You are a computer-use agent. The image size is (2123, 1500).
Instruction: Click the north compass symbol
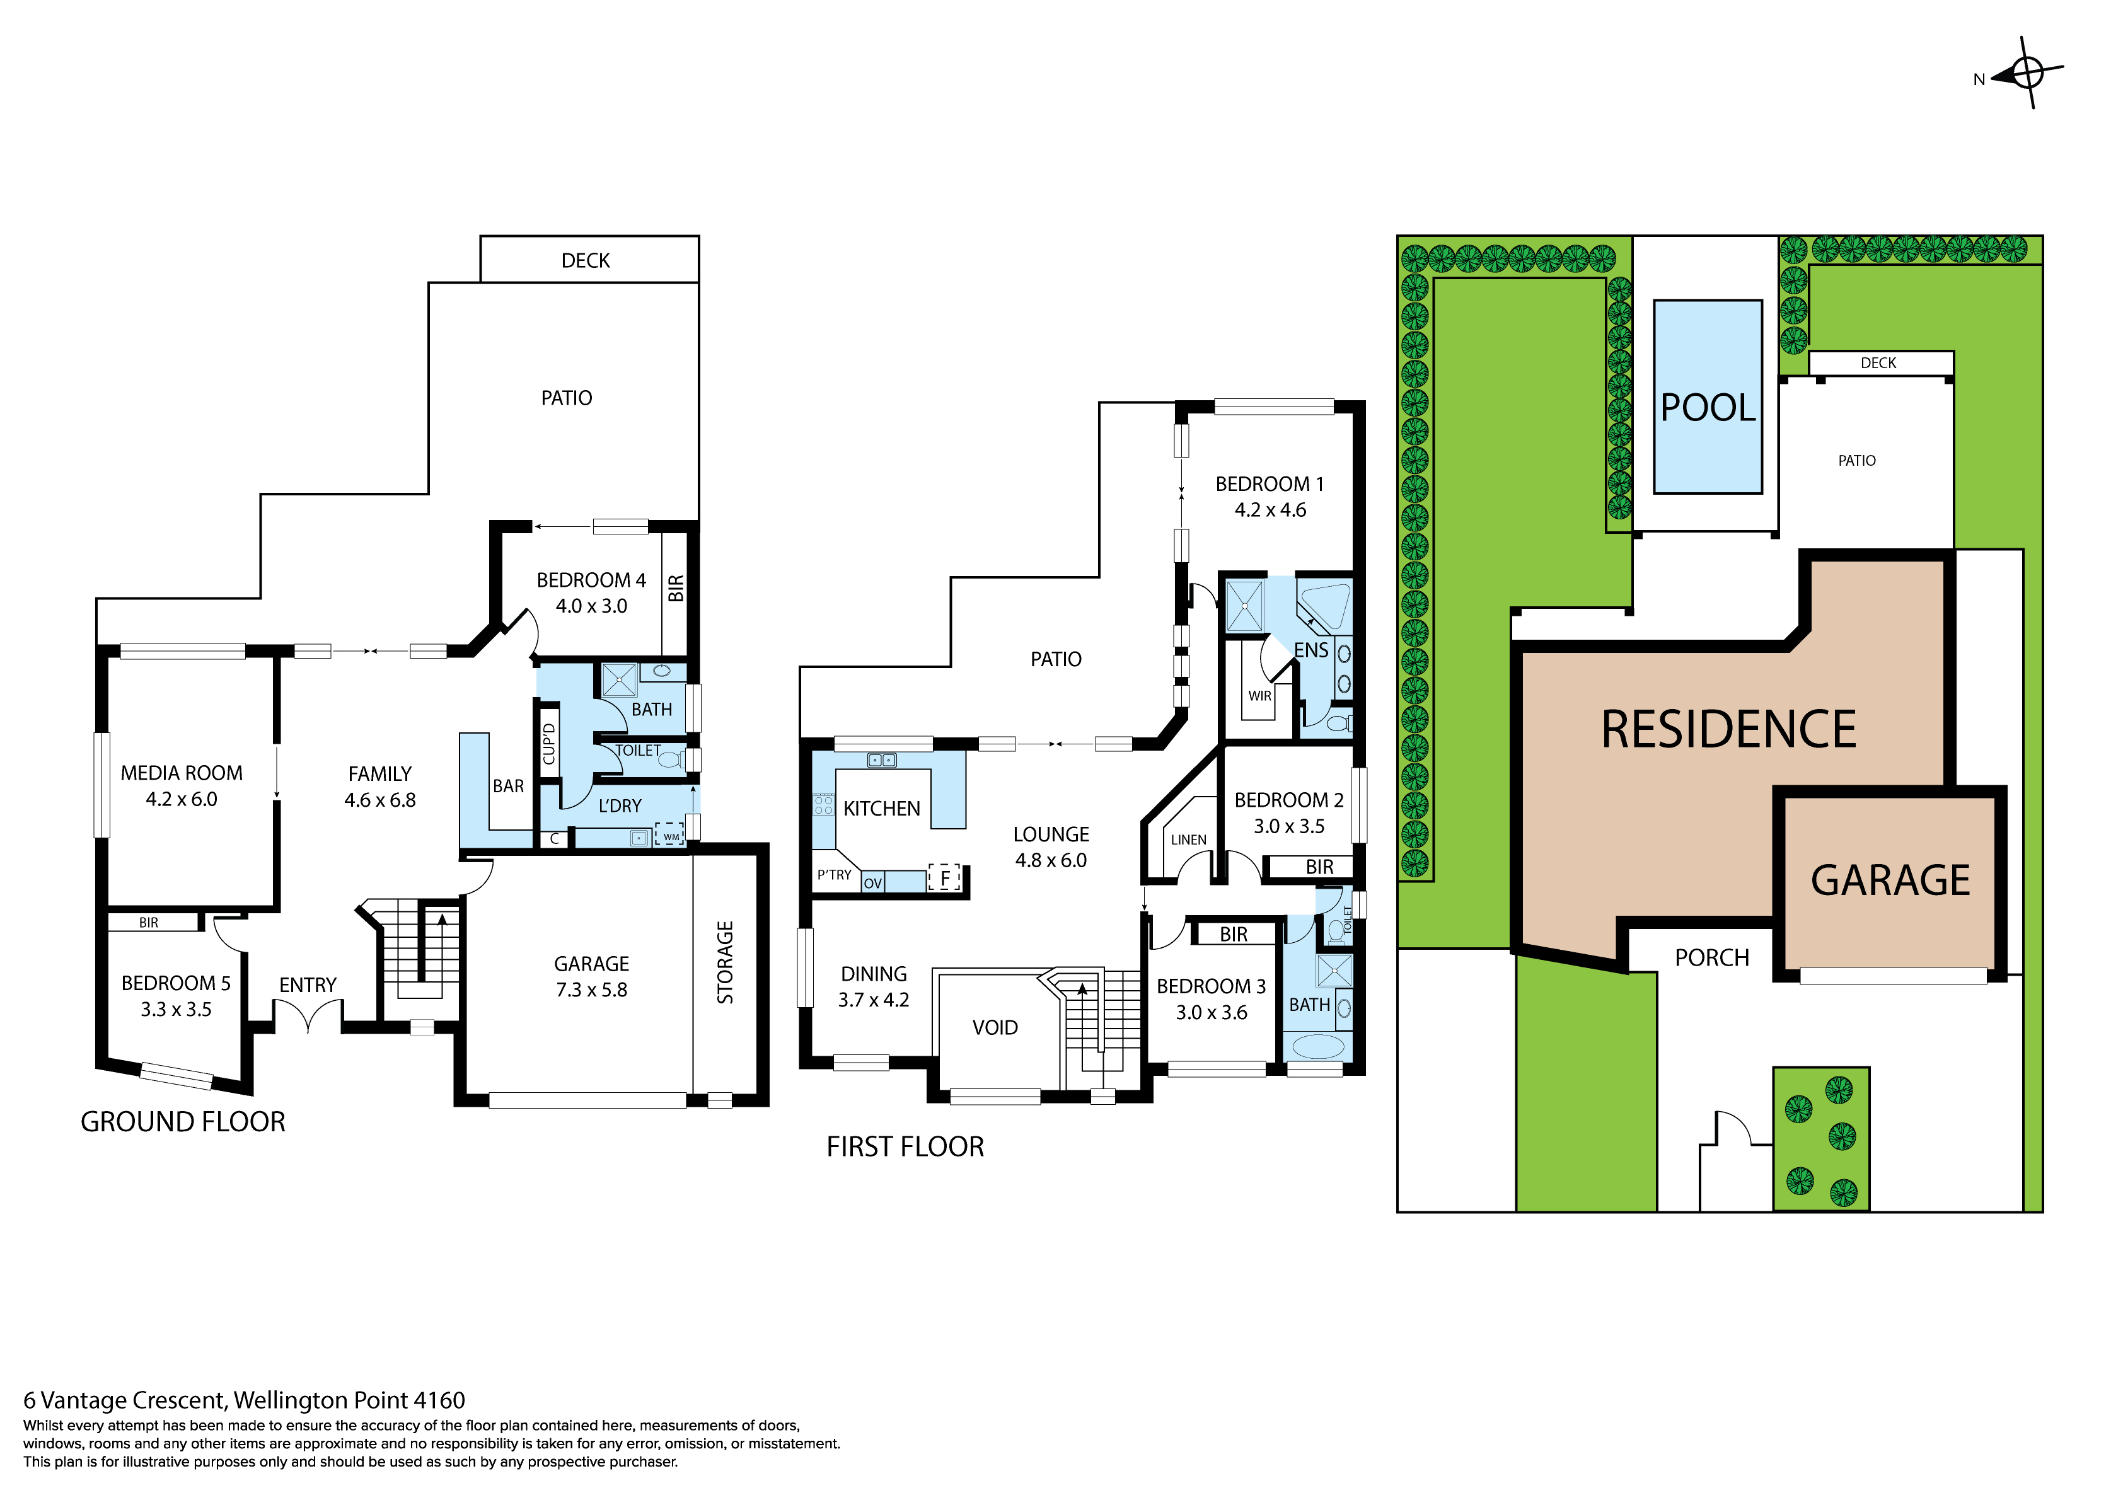2026,73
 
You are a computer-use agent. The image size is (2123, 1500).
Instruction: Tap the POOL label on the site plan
1707,408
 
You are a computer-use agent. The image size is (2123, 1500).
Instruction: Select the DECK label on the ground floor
586,261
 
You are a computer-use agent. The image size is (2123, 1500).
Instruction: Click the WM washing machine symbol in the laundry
669,836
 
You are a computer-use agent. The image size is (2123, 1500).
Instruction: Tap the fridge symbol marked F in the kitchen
944,877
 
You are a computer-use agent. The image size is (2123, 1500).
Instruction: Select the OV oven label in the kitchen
872,883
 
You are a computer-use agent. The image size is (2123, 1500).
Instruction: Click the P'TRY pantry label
834,875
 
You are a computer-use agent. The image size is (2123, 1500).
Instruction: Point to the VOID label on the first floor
995,1027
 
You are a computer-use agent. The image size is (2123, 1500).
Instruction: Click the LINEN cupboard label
1188,839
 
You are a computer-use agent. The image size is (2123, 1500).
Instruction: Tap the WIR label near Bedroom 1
1259,695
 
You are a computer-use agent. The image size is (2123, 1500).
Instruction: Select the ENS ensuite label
1311,650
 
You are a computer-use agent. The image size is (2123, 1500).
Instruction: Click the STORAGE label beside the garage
725,962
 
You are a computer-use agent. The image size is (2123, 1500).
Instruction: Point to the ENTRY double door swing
308,1015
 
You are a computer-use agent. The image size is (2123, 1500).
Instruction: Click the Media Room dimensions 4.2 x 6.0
182,799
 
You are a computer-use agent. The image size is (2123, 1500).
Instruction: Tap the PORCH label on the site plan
1711,958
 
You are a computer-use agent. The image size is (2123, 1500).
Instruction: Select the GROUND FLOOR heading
183,1122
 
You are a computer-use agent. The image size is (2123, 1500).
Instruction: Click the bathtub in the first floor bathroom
1317,1047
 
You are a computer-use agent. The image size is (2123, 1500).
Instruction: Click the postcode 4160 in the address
439,1400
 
